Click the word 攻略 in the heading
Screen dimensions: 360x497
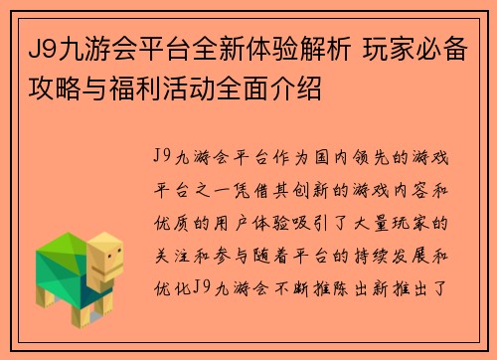(x=51, y=94)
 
